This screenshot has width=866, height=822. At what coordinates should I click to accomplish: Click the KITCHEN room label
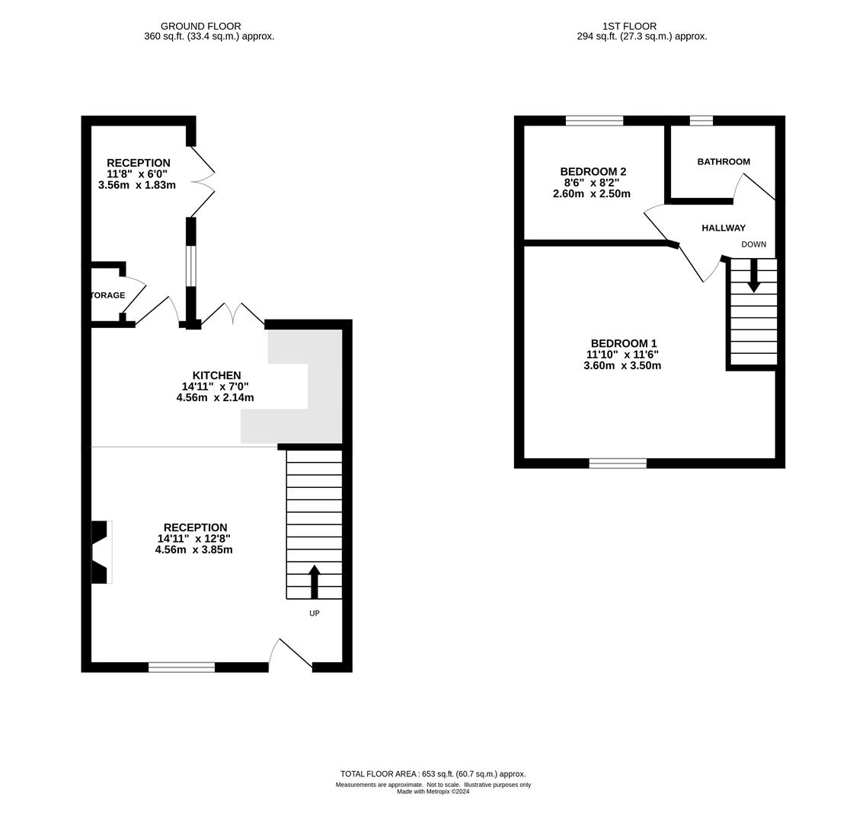(x=216, y=375)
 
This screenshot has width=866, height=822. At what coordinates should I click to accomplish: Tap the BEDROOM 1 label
(x=622, y=343)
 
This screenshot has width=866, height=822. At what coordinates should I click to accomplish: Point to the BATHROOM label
(x=724, y=161)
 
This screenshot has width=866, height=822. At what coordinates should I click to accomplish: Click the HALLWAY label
(x=724, y=228)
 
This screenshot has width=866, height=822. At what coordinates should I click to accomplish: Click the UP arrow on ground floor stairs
(x=314, y=581)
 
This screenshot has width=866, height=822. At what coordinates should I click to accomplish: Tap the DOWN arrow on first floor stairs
(x=753, y=276)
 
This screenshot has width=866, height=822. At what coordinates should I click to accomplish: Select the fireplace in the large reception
(x=101, y=552)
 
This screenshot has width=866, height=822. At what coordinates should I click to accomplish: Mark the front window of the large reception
(x=181, y=667)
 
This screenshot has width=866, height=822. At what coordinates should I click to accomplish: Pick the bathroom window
(x=701, y=120)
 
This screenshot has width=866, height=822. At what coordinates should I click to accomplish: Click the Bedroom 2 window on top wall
(x=594, y=120)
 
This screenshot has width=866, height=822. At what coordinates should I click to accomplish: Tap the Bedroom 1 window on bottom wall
(x=618, y=463)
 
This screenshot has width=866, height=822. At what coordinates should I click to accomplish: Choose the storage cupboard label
(x=107, y=295)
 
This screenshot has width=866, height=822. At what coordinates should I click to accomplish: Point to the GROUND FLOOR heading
(x=200, y=26)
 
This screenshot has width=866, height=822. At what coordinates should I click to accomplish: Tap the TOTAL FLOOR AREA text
(x=433, y=774)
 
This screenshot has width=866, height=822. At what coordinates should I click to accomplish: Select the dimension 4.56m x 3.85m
(x=193, y=550)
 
